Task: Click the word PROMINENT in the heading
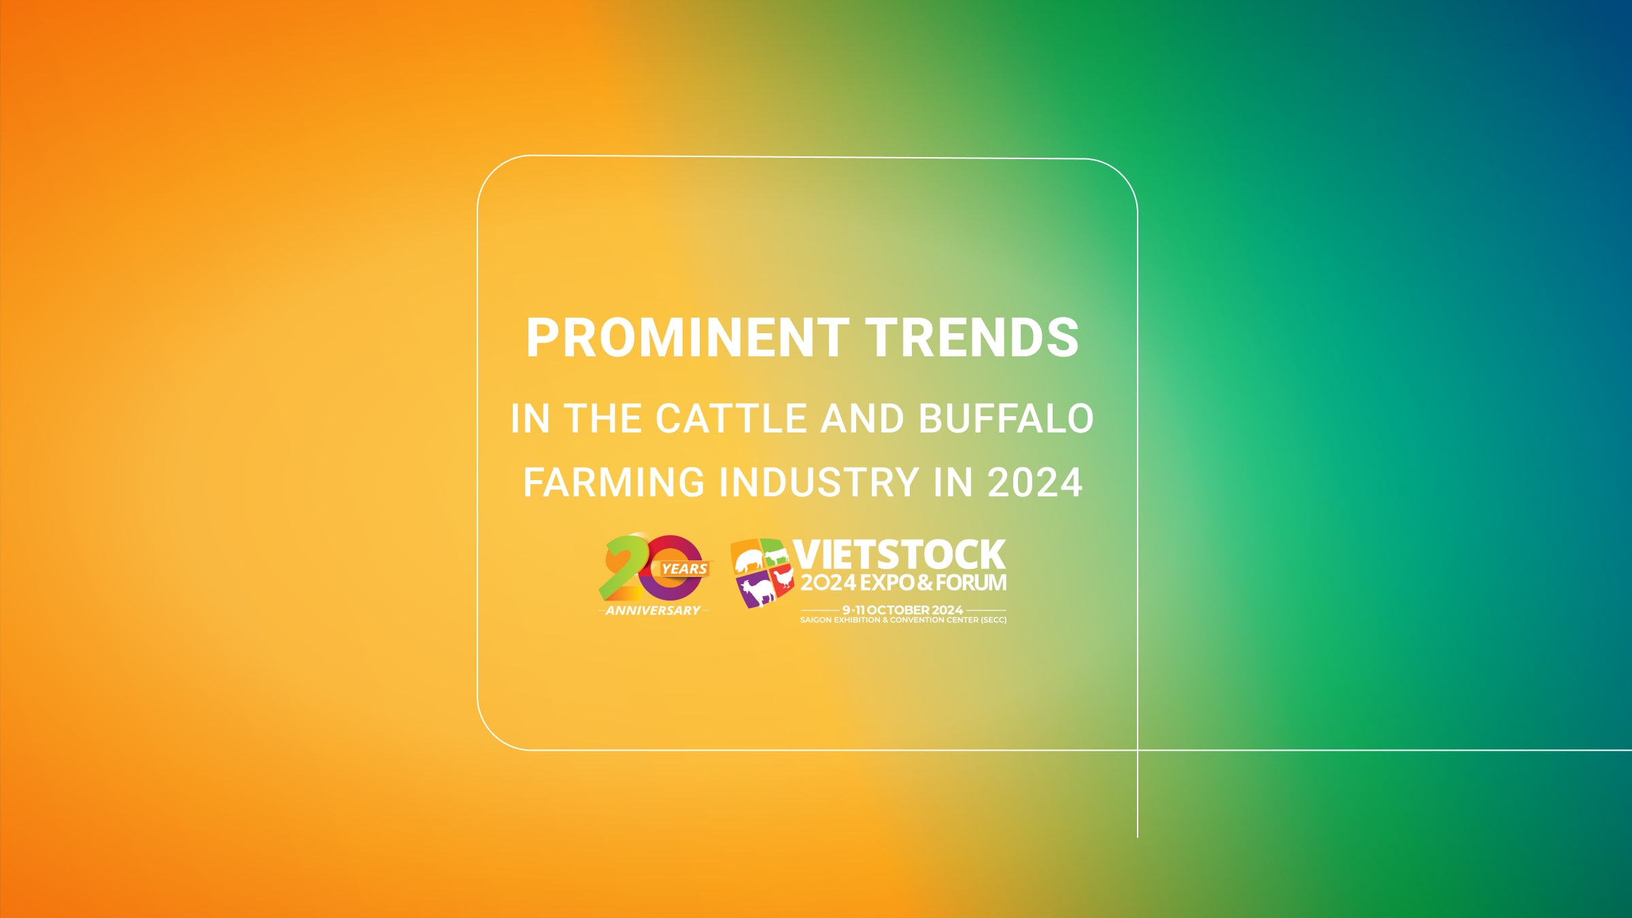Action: tap(687, 337)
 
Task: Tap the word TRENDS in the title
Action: tap(972, 337)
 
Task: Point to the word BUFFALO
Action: tap(1006, 418)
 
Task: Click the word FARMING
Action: tap(614, 482)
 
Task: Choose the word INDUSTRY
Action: tap(819, 482)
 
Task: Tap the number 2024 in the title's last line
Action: tap(1035, 482)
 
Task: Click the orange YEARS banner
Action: tap(683, 569)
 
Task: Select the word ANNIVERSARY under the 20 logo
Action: tap(653, 611)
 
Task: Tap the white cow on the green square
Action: tap(776, 556)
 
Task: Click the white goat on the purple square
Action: tap(757, 591)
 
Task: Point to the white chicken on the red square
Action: tap(783, 578)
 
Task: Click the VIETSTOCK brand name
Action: tap(899, 555)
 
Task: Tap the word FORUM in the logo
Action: tap(971, 583)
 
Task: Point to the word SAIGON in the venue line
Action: tap(815, 620)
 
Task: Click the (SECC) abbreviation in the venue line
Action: tap(993, 620)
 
